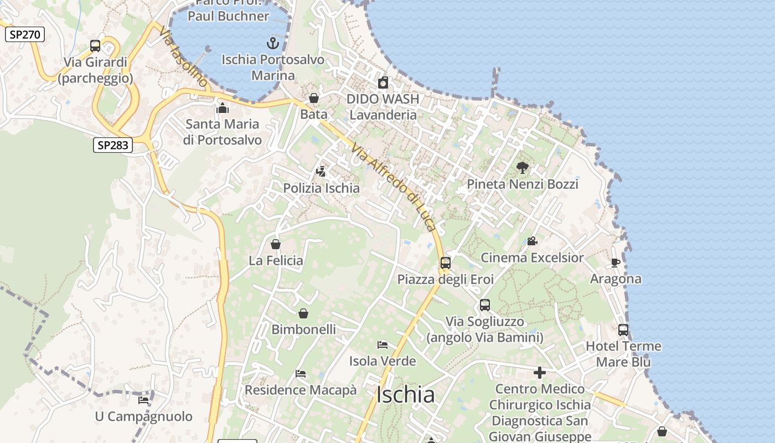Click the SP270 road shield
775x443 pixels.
[25, 34]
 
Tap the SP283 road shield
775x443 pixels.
[113, 145]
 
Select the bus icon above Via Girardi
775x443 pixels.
[95, 46]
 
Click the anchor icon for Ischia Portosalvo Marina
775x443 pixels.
[273, 43]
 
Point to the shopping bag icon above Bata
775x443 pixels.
[314, 98]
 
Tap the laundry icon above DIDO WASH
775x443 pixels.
[383, 83]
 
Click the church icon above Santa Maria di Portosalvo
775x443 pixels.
[223, 108]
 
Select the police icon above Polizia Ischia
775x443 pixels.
[321, 172]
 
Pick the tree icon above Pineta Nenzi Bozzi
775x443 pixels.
[522, 167]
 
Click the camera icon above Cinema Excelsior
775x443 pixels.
[532, 241]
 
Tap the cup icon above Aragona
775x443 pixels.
[615, 262]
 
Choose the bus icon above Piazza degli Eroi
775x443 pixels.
[446, 263]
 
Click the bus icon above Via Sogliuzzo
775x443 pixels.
[485, 305]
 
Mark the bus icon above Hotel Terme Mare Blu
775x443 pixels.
[623, 330]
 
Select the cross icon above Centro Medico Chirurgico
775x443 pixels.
[540, 373]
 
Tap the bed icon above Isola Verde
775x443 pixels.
[383, 345]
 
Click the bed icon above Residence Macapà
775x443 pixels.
[301, 374]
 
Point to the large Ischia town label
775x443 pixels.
[405, 395]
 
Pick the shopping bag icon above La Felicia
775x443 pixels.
[276, 244]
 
